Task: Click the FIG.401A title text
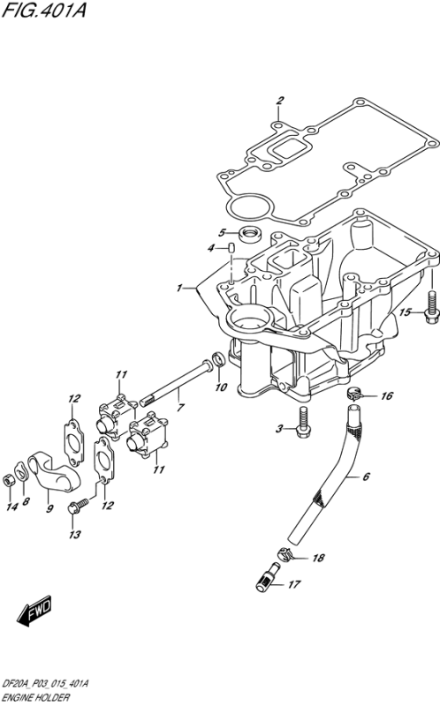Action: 43,10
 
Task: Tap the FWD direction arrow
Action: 34,611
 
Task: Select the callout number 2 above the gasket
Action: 279,101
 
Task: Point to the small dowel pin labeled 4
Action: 231,248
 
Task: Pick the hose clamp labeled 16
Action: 356,394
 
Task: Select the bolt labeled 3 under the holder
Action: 303,421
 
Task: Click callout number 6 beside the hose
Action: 366,477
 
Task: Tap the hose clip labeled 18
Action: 284,554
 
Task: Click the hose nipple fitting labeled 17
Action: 267,577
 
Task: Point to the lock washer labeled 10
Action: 218,361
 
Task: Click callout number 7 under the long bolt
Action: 180,409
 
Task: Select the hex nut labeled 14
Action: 8,480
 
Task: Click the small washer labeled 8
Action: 21,471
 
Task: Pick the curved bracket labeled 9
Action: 54,471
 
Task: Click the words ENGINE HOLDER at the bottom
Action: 36,698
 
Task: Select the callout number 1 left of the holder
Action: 179,288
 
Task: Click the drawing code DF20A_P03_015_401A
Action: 46,685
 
